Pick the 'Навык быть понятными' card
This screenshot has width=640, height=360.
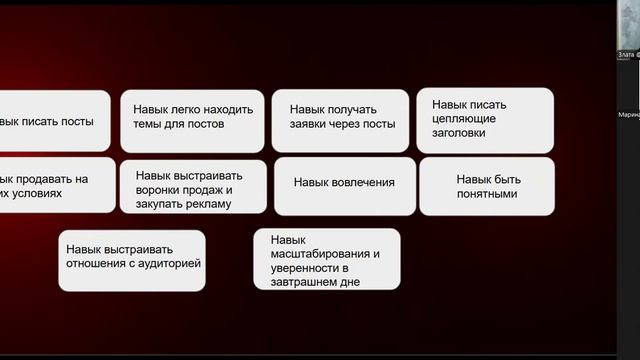(x=486, y=186)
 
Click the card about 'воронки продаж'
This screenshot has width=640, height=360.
(x=194, y=186)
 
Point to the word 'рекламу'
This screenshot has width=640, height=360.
(x=208, y=204)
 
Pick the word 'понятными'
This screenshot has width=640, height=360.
(x=486, y=194)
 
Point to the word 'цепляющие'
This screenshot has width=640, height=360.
(x=472, y=118)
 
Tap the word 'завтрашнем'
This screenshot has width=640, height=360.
(x=314, y=282)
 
